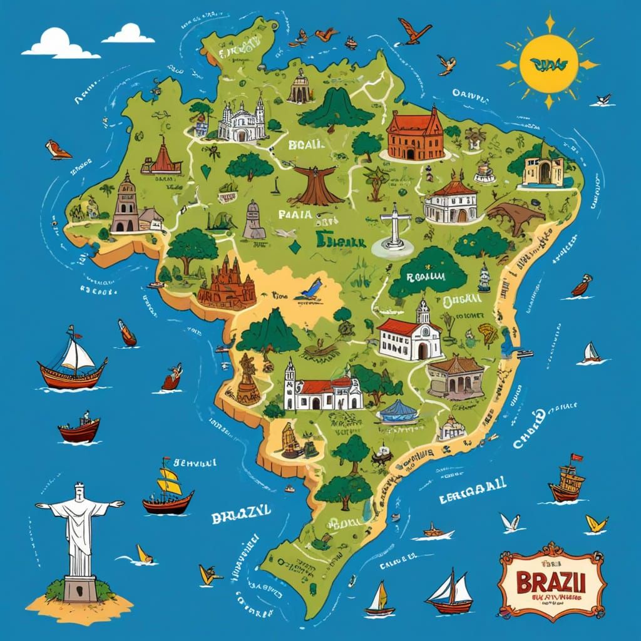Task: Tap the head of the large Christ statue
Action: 79,490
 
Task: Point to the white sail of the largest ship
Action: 79,355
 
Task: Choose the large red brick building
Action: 414,134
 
